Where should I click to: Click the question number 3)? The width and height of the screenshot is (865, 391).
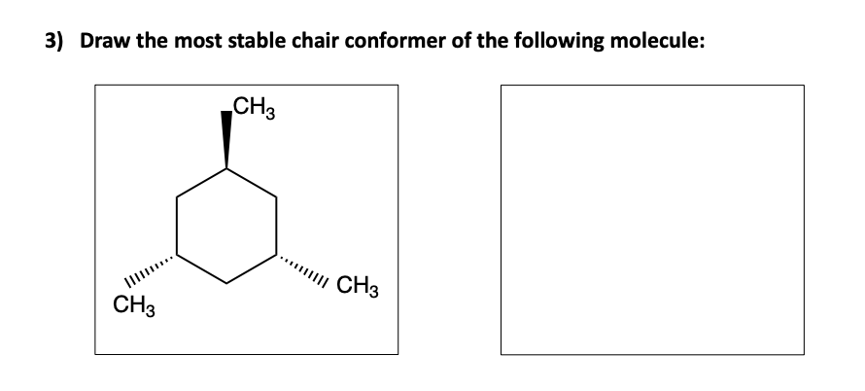[x=58, y=43]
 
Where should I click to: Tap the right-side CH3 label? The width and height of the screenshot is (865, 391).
[x=358, y=287]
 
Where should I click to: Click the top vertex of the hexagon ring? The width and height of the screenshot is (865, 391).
[x=227, y=169]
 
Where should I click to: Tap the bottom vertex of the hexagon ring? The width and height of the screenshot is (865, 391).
[x=227, y=283]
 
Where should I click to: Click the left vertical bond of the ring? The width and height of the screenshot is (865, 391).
[x=177, y=226]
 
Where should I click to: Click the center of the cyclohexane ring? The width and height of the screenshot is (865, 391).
[x=227, y=226]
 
